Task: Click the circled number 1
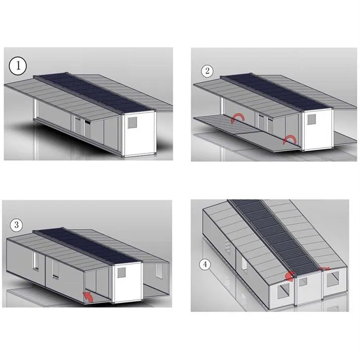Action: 18,66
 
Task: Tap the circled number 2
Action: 207,71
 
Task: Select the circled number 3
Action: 17,225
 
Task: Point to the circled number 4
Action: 205,264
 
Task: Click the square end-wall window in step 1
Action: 133,123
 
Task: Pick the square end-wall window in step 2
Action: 311,119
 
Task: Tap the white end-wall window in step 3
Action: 121,272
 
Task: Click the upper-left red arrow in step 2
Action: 238,117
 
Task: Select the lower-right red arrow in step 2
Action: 289,140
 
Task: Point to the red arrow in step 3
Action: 88,297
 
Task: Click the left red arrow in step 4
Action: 290,276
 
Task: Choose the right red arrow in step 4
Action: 325,269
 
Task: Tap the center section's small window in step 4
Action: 303,282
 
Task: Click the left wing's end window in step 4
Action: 284,291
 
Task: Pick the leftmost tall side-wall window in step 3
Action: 36,261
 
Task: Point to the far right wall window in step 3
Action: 159,271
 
